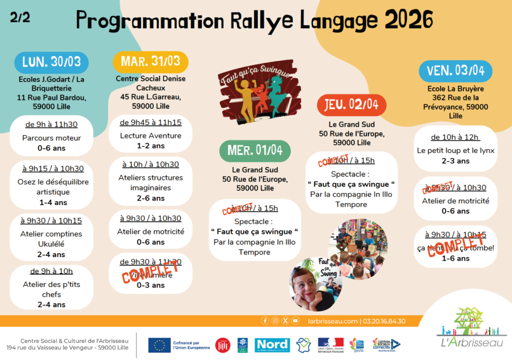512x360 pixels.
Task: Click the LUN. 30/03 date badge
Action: click(51, 62)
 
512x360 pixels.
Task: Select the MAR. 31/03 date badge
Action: click(150, 61)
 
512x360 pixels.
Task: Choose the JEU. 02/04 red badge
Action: click(351, 105)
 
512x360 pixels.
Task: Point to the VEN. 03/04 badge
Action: click(455, 70)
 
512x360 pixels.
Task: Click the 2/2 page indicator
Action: click(20, 17)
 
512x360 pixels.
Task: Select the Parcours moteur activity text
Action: click(51, 138)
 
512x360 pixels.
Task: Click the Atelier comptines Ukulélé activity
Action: click(51, 238)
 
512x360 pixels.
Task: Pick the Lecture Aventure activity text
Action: click(150, 135)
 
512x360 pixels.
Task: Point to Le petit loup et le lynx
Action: click(455, 150)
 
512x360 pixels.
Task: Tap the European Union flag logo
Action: click(159, 344)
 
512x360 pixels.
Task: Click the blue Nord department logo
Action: click(272, 344)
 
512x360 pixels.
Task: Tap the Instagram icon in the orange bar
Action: click(275, 321)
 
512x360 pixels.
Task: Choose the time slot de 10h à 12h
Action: click(455, 137)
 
